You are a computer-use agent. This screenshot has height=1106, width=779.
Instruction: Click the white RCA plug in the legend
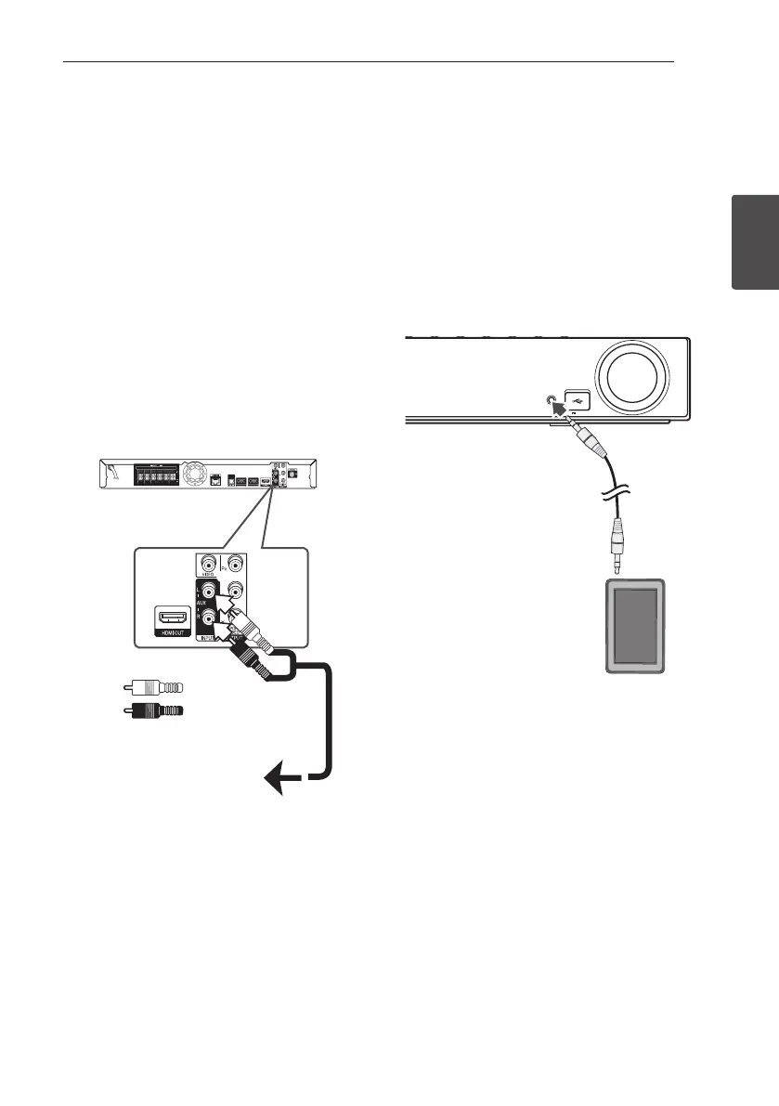click(154, 688)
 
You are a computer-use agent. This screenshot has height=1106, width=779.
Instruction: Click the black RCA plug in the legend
click(154, 711)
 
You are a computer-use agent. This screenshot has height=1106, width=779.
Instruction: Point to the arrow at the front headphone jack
click(565, 413)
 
